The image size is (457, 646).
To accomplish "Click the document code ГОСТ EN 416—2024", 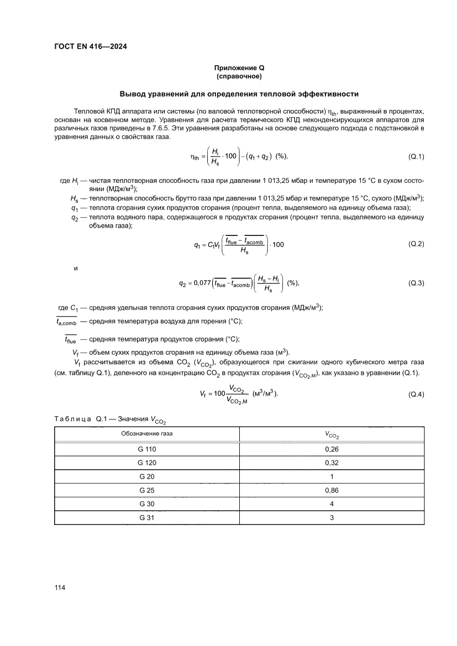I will click(91, 46).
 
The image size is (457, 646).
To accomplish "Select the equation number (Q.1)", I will click(416, 156).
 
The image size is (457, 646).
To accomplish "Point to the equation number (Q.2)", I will click(416, 244).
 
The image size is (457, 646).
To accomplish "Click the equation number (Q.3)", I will click(416, 283).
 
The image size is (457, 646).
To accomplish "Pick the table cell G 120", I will click(147, 463).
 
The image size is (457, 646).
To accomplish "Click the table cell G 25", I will click(147, 490).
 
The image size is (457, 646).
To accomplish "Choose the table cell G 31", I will click(147, 518).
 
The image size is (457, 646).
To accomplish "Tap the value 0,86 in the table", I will click(332, 490).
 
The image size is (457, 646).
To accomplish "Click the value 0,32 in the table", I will click(332, 463).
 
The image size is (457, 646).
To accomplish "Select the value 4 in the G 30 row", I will click(332, 504).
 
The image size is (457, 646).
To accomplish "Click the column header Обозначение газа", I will click(147, 434).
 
